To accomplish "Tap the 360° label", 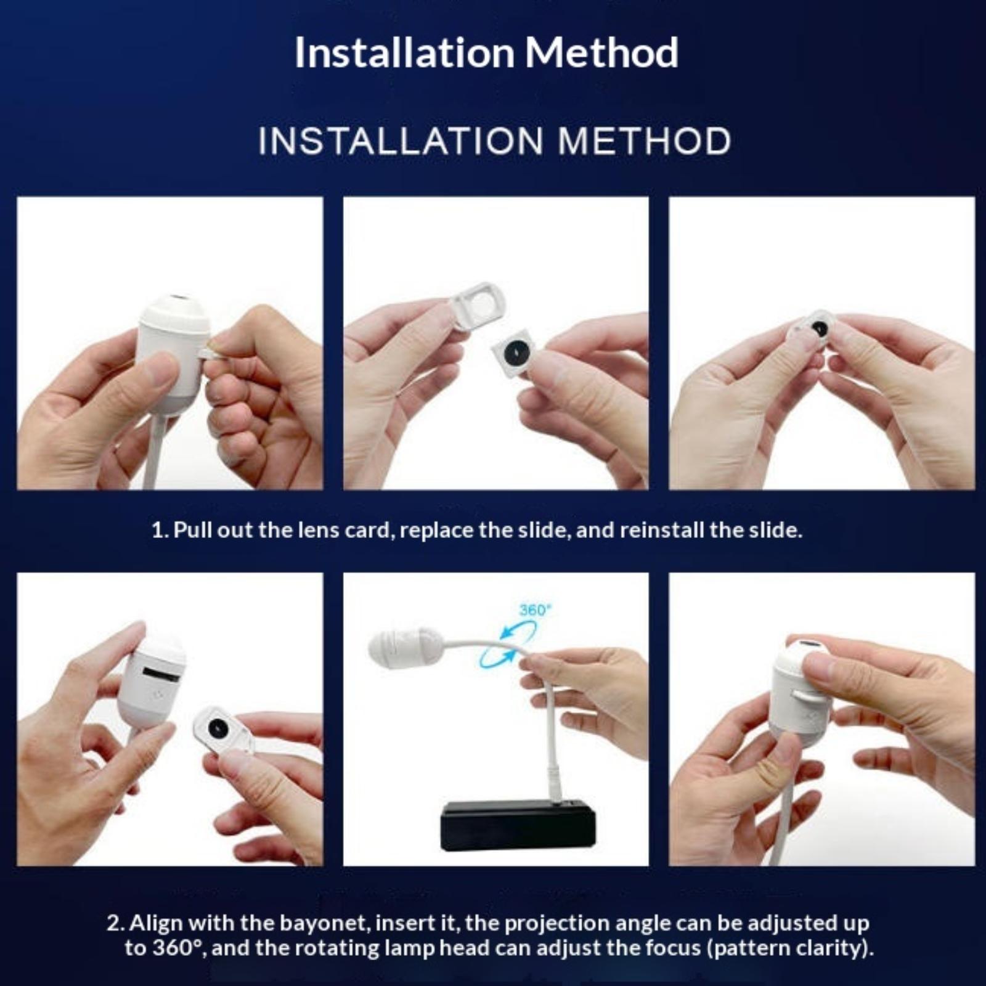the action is tap(534, 610).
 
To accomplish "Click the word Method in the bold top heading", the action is tap(601, 52).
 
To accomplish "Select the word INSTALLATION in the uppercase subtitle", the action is tap(401, 141).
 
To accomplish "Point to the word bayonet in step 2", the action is tap(324, 923).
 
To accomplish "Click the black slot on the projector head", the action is tap(161, 673).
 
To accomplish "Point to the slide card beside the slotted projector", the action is tap(222, 731).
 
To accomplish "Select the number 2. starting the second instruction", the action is tap(116, 923).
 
